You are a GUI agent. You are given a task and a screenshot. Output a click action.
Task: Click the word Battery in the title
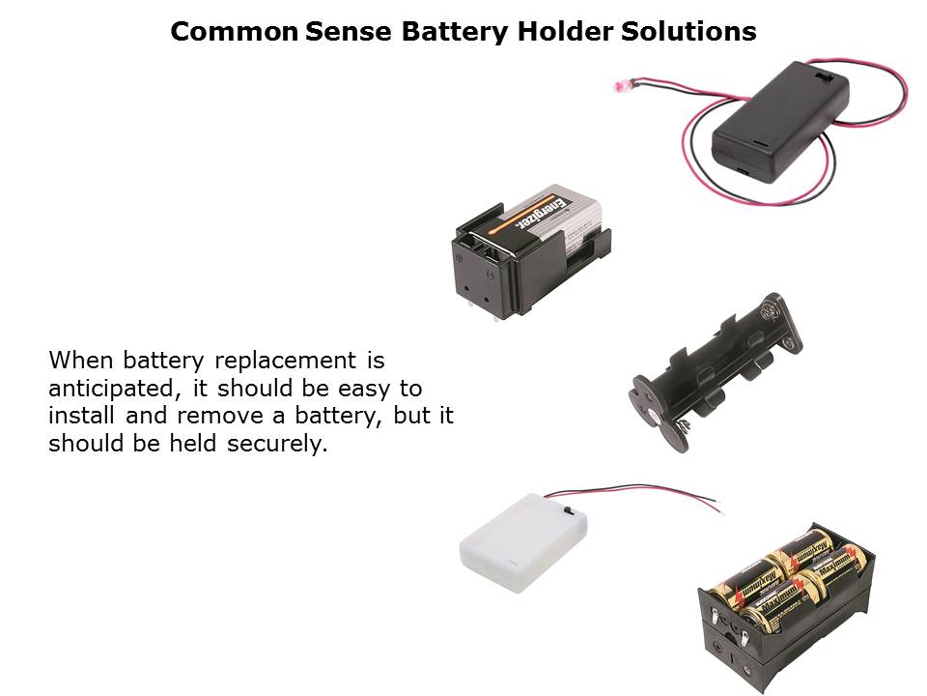click(x=455, y=31)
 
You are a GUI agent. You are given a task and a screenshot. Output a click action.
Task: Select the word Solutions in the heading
click(x=688, y=31)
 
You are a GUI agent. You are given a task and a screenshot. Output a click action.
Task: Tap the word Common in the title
click(x=234, y=31)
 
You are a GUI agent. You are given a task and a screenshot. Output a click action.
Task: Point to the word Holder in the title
click(x=565, y=31)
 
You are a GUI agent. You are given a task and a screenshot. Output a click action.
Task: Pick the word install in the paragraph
click(x=81, y=415)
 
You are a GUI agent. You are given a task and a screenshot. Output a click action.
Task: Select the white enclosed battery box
click(x=524, y=542)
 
